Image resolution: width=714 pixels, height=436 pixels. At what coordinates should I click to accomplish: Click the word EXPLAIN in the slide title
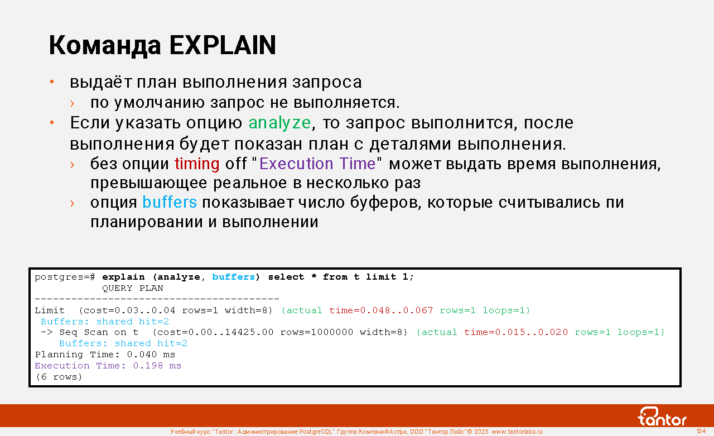(223, 45)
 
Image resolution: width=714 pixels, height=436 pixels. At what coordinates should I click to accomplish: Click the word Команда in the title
(105, 46)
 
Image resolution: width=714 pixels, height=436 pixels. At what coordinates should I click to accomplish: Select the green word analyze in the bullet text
(279, 123)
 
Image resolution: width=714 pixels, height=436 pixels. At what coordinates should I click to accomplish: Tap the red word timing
(197, 164)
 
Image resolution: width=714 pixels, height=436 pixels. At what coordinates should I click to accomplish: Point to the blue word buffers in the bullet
(170, 202)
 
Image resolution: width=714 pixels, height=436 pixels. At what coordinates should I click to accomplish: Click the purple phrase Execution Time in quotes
(317, 164)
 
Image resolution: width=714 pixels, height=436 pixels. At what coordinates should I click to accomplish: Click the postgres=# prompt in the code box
(65, 277)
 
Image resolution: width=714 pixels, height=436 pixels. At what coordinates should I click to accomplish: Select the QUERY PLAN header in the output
(132, 288)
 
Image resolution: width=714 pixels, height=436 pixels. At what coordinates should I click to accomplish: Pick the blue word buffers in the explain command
(234, 277)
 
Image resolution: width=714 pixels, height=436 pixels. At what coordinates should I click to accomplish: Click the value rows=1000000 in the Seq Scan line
(317, 332)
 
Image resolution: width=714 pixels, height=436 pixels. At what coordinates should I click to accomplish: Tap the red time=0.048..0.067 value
(381, 310)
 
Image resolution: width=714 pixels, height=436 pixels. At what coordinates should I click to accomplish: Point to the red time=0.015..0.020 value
(516, 332)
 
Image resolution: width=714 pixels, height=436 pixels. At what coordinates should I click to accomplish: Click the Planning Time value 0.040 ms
(151, 354)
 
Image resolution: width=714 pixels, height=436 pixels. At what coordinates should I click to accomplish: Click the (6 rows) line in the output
(59, 377)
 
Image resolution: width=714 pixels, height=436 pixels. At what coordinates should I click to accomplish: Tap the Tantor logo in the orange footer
(662, 416)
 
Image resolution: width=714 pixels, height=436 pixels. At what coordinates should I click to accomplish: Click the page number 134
(701, 431)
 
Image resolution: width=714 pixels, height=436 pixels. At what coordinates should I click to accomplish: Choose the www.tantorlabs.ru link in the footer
(517, 432)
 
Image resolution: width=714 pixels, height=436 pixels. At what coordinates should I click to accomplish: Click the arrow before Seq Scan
(47, 332)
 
